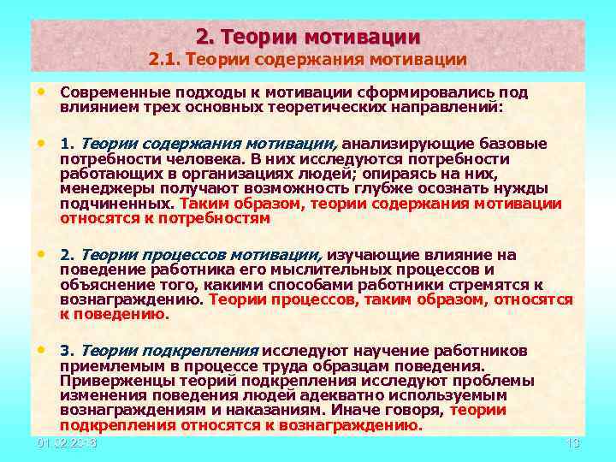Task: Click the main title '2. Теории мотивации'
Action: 308,37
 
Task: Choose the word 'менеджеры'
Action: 97,188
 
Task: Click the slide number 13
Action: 574,443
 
